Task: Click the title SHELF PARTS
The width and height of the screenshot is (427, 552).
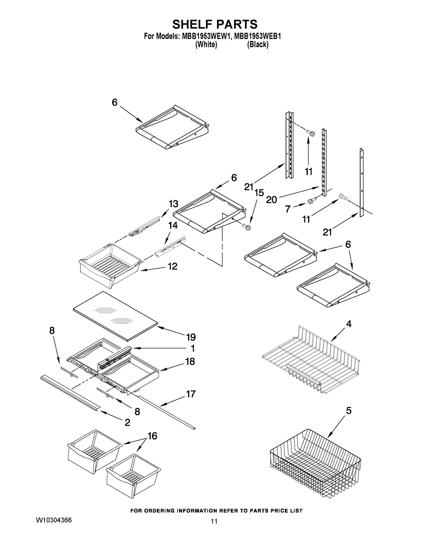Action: click(215, 25)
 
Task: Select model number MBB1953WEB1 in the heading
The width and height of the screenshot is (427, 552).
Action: click(258, 36)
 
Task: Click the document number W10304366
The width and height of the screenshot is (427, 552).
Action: click(54, 527)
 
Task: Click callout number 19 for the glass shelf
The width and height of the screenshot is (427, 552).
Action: click(191, 337)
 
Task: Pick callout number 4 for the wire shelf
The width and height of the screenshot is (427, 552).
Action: click(349, 324)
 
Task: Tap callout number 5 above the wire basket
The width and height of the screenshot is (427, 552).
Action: click(349, 411)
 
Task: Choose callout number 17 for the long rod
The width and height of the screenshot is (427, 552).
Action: click(191, 394)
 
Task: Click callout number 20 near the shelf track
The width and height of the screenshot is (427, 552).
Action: click(271, 200)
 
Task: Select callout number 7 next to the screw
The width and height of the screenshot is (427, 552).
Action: click(288, 209)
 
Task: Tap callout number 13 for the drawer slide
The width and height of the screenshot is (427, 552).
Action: click(174, 204)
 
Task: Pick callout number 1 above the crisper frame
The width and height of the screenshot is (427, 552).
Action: click(192, 348)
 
